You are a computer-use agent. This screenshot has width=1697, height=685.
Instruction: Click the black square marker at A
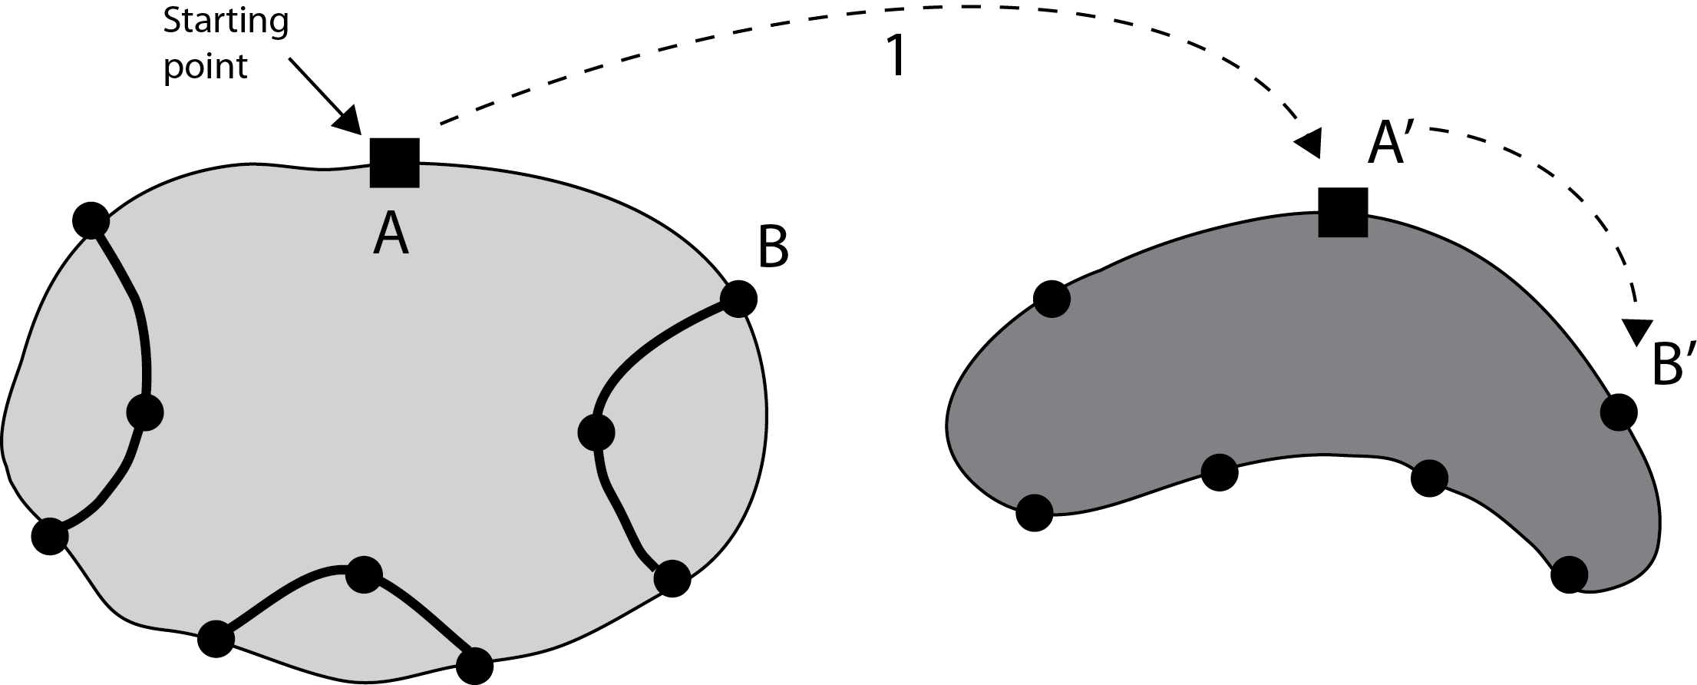[x=395, y=163]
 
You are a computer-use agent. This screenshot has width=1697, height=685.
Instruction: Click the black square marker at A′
[x=1343, y=212]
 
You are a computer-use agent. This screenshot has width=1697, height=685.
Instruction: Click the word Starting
[x=226, y=22]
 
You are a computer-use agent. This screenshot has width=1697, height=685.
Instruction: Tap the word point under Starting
[x=205, y=68]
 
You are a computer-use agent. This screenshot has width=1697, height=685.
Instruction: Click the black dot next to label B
[x=739, y=299]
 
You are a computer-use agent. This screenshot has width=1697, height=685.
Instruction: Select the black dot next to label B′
[x=1619, y=412]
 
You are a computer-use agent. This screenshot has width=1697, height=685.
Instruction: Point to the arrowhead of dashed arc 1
[x=1308, y=143]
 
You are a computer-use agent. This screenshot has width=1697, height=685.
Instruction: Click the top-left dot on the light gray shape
[x=91, y=220]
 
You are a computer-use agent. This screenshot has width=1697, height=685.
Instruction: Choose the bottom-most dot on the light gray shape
[x=474, y=665]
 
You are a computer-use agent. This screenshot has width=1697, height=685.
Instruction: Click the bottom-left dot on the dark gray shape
[x=1034, y=512]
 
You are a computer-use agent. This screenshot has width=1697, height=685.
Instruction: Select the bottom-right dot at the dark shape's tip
[x=1569, y=574]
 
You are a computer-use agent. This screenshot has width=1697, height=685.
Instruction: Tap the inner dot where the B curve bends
[x=596, y=432]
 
